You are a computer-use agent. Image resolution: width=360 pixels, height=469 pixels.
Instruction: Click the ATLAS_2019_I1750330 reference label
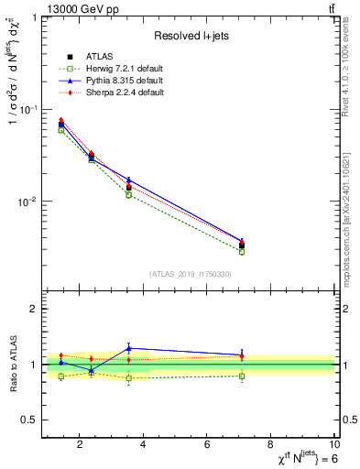(191, 274)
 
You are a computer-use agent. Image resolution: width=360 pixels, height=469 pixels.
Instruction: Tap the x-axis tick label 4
(143, 445)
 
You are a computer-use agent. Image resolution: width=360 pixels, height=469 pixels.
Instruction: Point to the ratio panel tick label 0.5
(27, 420)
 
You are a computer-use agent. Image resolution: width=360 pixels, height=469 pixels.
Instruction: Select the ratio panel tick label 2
(32, 310)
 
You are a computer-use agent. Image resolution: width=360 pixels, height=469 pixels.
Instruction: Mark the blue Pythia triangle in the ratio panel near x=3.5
(129, 348)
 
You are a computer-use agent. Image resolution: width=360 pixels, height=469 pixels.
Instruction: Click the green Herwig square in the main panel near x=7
(242, 251)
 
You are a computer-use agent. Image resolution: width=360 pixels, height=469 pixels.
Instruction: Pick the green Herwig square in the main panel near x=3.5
(129, 195)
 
